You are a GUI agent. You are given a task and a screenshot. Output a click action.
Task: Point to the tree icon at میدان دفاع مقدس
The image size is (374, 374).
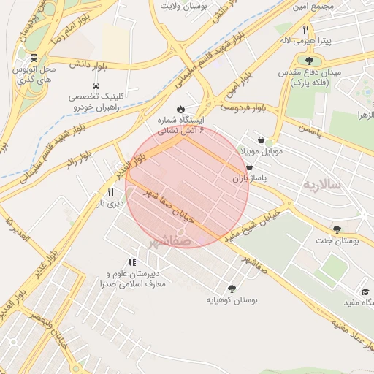(309, 61)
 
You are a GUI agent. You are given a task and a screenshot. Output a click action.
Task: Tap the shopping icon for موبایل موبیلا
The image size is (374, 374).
(261, 140)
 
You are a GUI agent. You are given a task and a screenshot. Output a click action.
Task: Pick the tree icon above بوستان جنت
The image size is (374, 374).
(337, 229)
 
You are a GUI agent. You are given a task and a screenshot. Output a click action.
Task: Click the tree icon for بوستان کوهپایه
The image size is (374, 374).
(232, 289)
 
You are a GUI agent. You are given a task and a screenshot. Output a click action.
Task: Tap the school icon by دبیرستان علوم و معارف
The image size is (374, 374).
(132, 262)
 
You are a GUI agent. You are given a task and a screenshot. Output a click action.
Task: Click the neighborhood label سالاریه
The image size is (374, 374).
(322, 184)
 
